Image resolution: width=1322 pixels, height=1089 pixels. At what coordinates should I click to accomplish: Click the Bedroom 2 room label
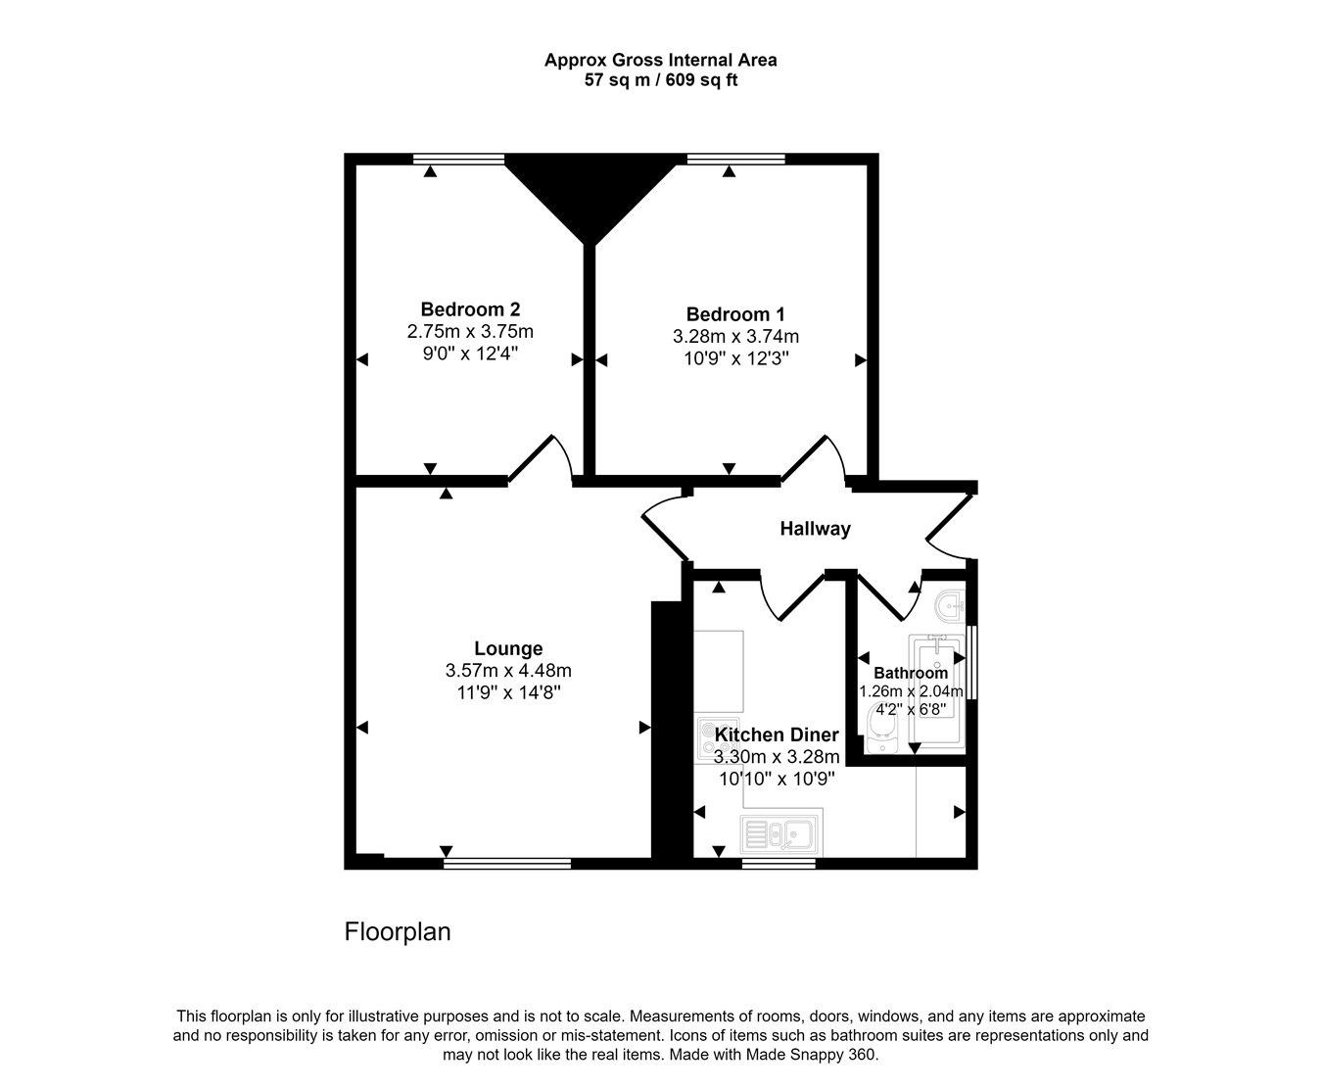(x=470, y=309)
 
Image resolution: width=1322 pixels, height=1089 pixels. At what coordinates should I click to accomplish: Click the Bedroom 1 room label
(x=735, y=314)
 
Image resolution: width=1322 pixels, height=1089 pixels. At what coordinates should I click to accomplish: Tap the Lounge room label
(x=508, y=648)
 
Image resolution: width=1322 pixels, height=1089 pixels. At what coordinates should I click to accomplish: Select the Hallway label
(x=815, y=529)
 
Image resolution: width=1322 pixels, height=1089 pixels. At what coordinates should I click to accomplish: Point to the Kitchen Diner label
(x=777, y=734)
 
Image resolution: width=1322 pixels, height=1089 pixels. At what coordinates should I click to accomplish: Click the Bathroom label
(x=911, y=673)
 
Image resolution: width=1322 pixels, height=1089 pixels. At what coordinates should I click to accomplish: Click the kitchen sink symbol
(x=781, y=835)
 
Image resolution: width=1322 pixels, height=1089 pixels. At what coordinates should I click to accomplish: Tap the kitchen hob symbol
(x=705, y=739)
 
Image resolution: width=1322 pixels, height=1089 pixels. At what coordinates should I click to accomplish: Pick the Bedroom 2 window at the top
(x=458, y=159)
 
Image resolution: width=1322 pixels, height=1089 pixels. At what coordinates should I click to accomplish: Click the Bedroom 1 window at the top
(x=735, y=159)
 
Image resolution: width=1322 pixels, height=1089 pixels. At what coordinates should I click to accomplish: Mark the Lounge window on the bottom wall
(x=506, y=864)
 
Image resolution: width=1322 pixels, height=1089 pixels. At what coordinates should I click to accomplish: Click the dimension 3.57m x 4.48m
(x=508, y=671)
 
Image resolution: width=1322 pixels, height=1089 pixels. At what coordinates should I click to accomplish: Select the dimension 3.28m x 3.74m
(x=735, y=337)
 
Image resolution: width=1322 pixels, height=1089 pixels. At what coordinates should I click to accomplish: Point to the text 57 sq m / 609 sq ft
(x=661, y=81)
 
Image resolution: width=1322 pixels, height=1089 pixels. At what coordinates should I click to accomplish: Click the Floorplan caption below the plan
(x=398, y=932)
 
